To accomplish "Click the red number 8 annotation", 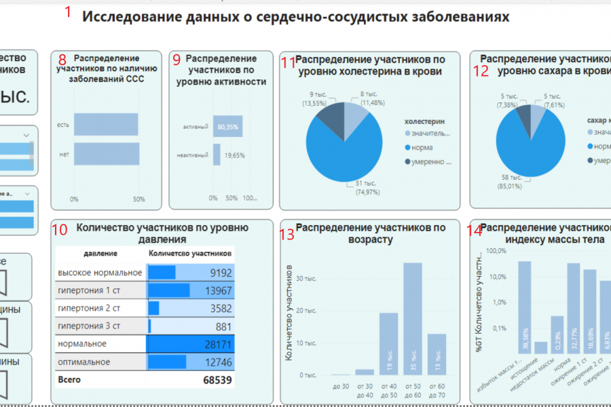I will click(62, 60).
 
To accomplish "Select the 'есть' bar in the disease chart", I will click(106, 124).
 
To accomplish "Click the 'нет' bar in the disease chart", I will click(106, 154).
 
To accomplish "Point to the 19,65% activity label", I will click(234, 155).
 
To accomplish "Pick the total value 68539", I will click(217, 380).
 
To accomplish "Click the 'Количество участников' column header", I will click(190, 253).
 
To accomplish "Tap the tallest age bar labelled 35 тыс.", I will click(412, 319).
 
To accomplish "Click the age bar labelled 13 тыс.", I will click(437, 354).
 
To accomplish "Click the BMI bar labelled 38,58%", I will click(525, 309).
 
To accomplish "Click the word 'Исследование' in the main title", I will click(131, 17).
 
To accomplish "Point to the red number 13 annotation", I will click(287, 235).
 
